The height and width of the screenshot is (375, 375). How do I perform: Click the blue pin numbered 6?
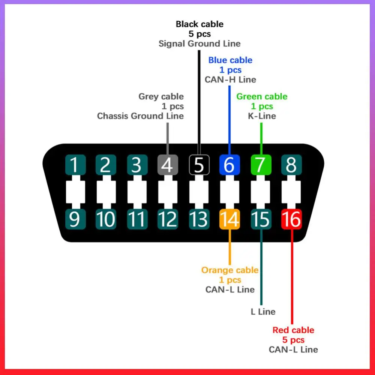[x=229, y=165]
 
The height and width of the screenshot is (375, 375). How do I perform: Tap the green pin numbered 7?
[x=261, y=165]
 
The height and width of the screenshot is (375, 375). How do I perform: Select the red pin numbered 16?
[x=291, y=219]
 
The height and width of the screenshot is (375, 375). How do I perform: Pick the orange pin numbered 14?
[x=229, y=219]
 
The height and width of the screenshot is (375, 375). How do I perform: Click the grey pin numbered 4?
[x=168, y=165]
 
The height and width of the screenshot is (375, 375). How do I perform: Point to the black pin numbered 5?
[x=199, y=165]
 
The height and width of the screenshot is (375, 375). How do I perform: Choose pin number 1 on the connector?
[x=75, y=165]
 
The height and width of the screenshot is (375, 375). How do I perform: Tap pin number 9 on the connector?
[x=75, y=219]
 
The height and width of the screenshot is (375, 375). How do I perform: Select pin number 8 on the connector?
[x=291, y=165]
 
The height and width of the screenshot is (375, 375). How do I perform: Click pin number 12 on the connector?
[x=168, y=219]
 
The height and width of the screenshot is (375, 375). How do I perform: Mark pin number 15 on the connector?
[x=261, y=219]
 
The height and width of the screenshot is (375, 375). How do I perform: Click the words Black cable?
[x=199, y=24]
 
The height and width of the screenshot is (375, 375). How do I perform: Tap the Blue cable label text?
[x=230, y=60]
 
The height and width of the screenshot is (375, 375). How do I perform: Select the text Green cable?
[x=262, y=96]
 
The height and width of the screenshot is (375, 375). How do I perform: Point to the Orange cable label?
[x=230, y=270]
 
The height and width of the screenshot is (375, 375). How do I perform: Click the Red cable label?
[x=293, y=330]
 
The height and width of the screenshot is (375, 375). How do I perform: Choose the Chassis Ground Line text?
[x=141, y=116]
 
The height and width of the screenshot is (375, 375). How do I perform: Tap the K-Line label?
[x=262, y=116]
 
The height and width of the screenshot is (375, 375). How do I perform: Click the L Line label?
[x=263, y=312]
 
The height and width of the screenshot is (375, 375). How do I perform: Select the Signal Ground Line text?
[x=199, y=43]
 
